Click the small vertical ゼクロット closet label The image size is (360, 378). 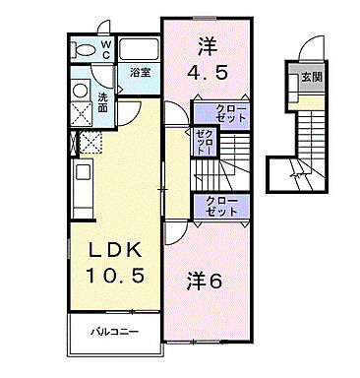click(x=203, y=145)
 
